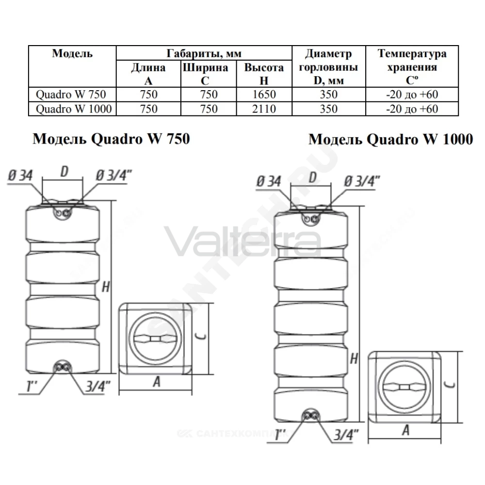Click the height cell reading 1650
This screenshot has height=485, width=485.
coord(264,95)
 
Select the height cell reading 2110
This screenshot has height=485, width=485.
coord(264,109)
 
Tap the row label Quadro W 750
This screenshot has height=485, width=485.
coord(71,95)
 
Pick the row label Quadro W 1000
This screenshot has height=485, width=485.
coord(74,109)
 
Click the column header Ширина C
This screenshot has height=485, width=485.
coord(205,74)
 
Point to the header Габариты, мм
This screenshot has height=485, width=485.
coord(204,53)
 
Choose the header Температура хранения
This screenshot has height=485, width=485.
coord(412,60)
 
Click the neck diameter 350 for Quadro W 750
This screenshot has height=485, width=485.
coord(328,95)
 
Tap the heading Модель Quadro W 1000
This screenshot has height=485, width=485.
coord(390,139)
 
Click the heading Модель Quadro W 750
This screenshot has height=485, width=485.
coord(111,139)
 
